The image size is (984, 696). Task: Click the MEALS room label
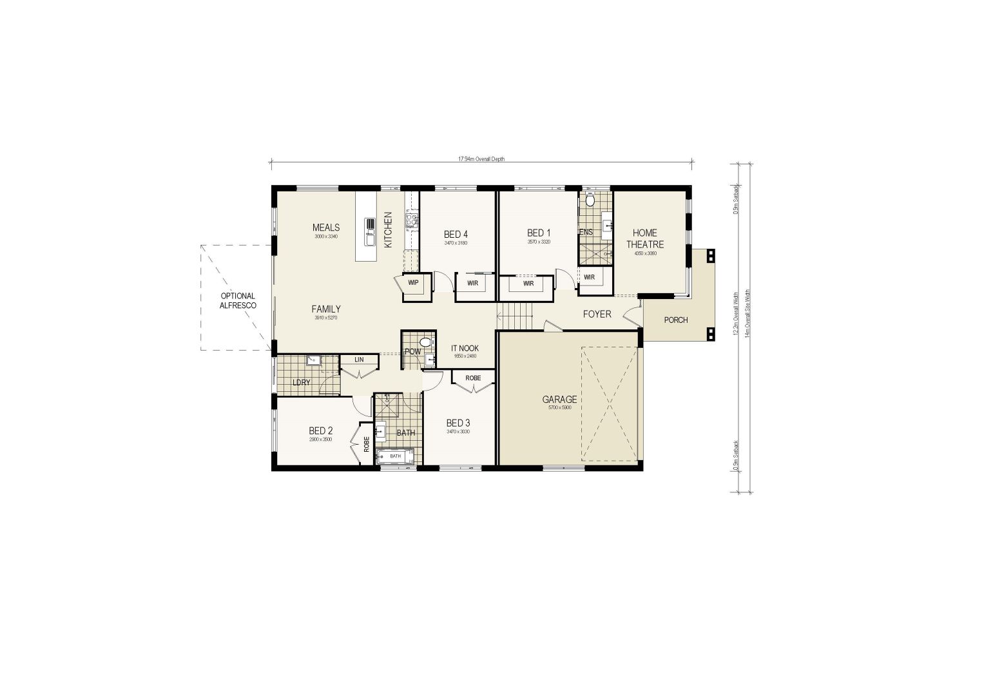click(325, 227)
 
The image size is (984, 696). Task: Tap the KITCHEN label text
click(388, 230)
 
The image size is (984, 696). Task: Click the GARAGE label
click(559, 400)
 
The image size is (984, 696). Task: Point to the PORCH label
click(676, 320)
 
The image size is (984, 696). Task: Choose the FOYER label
click(597, 314)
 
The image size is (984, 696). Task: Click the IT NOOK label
click(465, 349)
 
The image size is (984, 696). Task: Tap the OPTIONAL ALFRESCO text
click(238, 301)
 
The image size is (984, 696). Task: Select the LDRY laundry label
click(301, 383)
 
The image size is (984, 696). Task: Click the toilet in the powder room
click(425, 342)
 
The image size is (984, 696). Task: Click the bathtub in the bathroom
click(394, 456)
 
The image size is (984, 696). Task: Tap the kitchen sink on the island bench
click(371, 232)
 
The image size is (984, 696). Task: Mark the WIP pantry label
click(413, 282)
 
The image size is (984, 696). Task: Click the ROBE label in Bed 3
click(473, 378)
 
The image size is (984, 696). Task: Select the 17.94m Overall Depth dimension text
click(481, 159)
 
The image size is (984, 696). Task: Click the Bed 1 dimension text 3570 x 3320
click(538, 242)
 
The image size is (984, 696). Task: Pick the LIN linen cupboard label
click(359, 360)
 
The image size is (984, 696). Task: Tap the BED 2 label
click(320, 431)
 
